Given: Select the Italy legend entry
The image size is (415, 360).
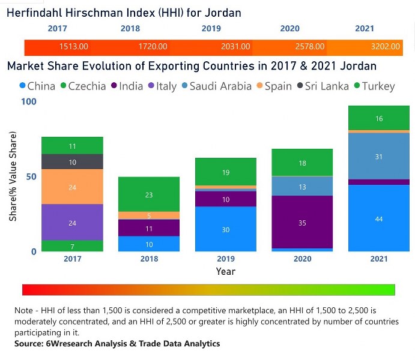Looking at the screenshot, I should (160, 86).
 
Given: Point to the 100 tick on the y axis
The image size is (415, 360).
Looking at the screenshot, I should (29, 101).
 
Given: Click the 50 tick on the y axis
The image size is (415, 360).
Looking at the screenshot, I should (31, 176).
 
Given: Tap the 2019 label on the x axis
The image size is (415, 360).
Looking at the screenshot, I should (226, 259).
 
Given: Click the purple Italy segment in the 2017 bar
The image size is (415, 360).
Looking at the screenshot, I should (72, 222).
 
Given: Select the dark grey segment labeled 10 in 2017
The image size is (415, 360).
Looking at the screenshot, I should (72, 162).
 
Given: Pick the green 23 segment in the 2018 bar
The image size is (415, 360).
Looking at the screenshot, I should (149, 194).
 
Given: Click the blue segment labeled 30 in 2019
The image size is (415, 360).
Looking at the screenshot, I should (226, 229).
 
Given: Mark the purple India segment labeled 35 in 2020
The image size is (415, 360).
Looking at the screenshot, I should (302, 222).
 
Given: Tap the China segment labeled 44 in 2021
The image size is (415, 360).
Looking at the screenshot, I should (378, 218).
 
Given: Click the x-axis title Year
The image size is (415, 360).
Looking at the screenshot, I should (226, 271).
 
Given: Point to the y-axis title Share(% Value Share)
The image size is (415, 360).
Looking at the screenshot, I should (13, 176).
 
